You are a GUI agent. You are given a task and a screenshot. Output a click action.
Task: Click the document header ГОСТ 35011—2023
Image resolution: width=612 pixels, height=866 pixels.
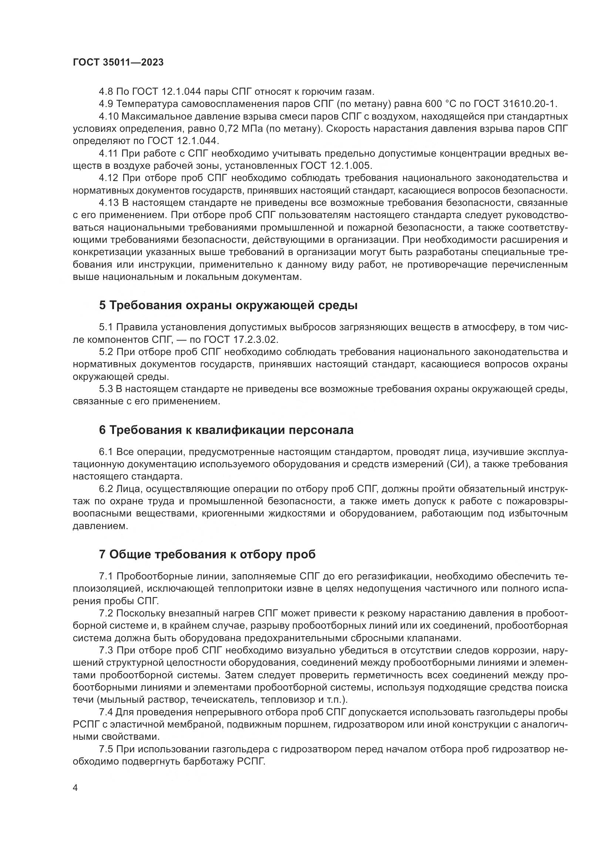tap(118, 63)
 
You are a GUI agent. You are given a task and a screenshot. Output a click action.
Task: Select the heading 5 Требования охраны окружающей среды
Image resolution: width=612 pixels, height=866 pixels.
tap(228, 305)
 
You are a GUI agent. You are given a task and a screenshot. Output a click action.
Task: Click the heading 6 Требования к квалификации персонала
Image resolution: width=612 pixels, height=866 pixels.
tap(226, 430)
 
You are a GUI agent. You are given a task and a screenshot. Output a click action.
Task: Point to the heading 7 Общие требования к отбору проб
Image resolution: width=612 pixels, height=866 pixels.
tap(207, 555)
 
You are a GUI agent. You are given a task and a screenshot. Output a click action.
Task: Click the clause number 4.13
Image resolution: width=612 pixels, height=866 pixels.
tap(108, 203)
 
